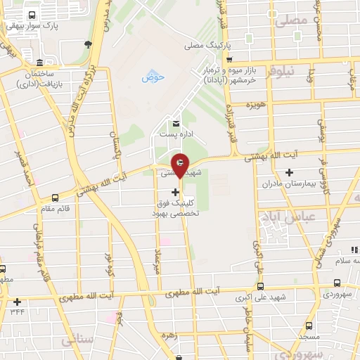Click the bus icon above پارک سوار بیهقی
tap(32, 15)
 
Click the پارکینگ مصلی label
tap(209, 45)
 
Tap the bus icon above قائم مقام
tap(55, 198)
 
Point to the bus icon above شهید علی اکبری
tap(261, 285)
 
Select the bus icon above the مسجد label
tap(309, 326)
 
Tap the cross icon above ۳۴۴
tap(17, 302)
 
